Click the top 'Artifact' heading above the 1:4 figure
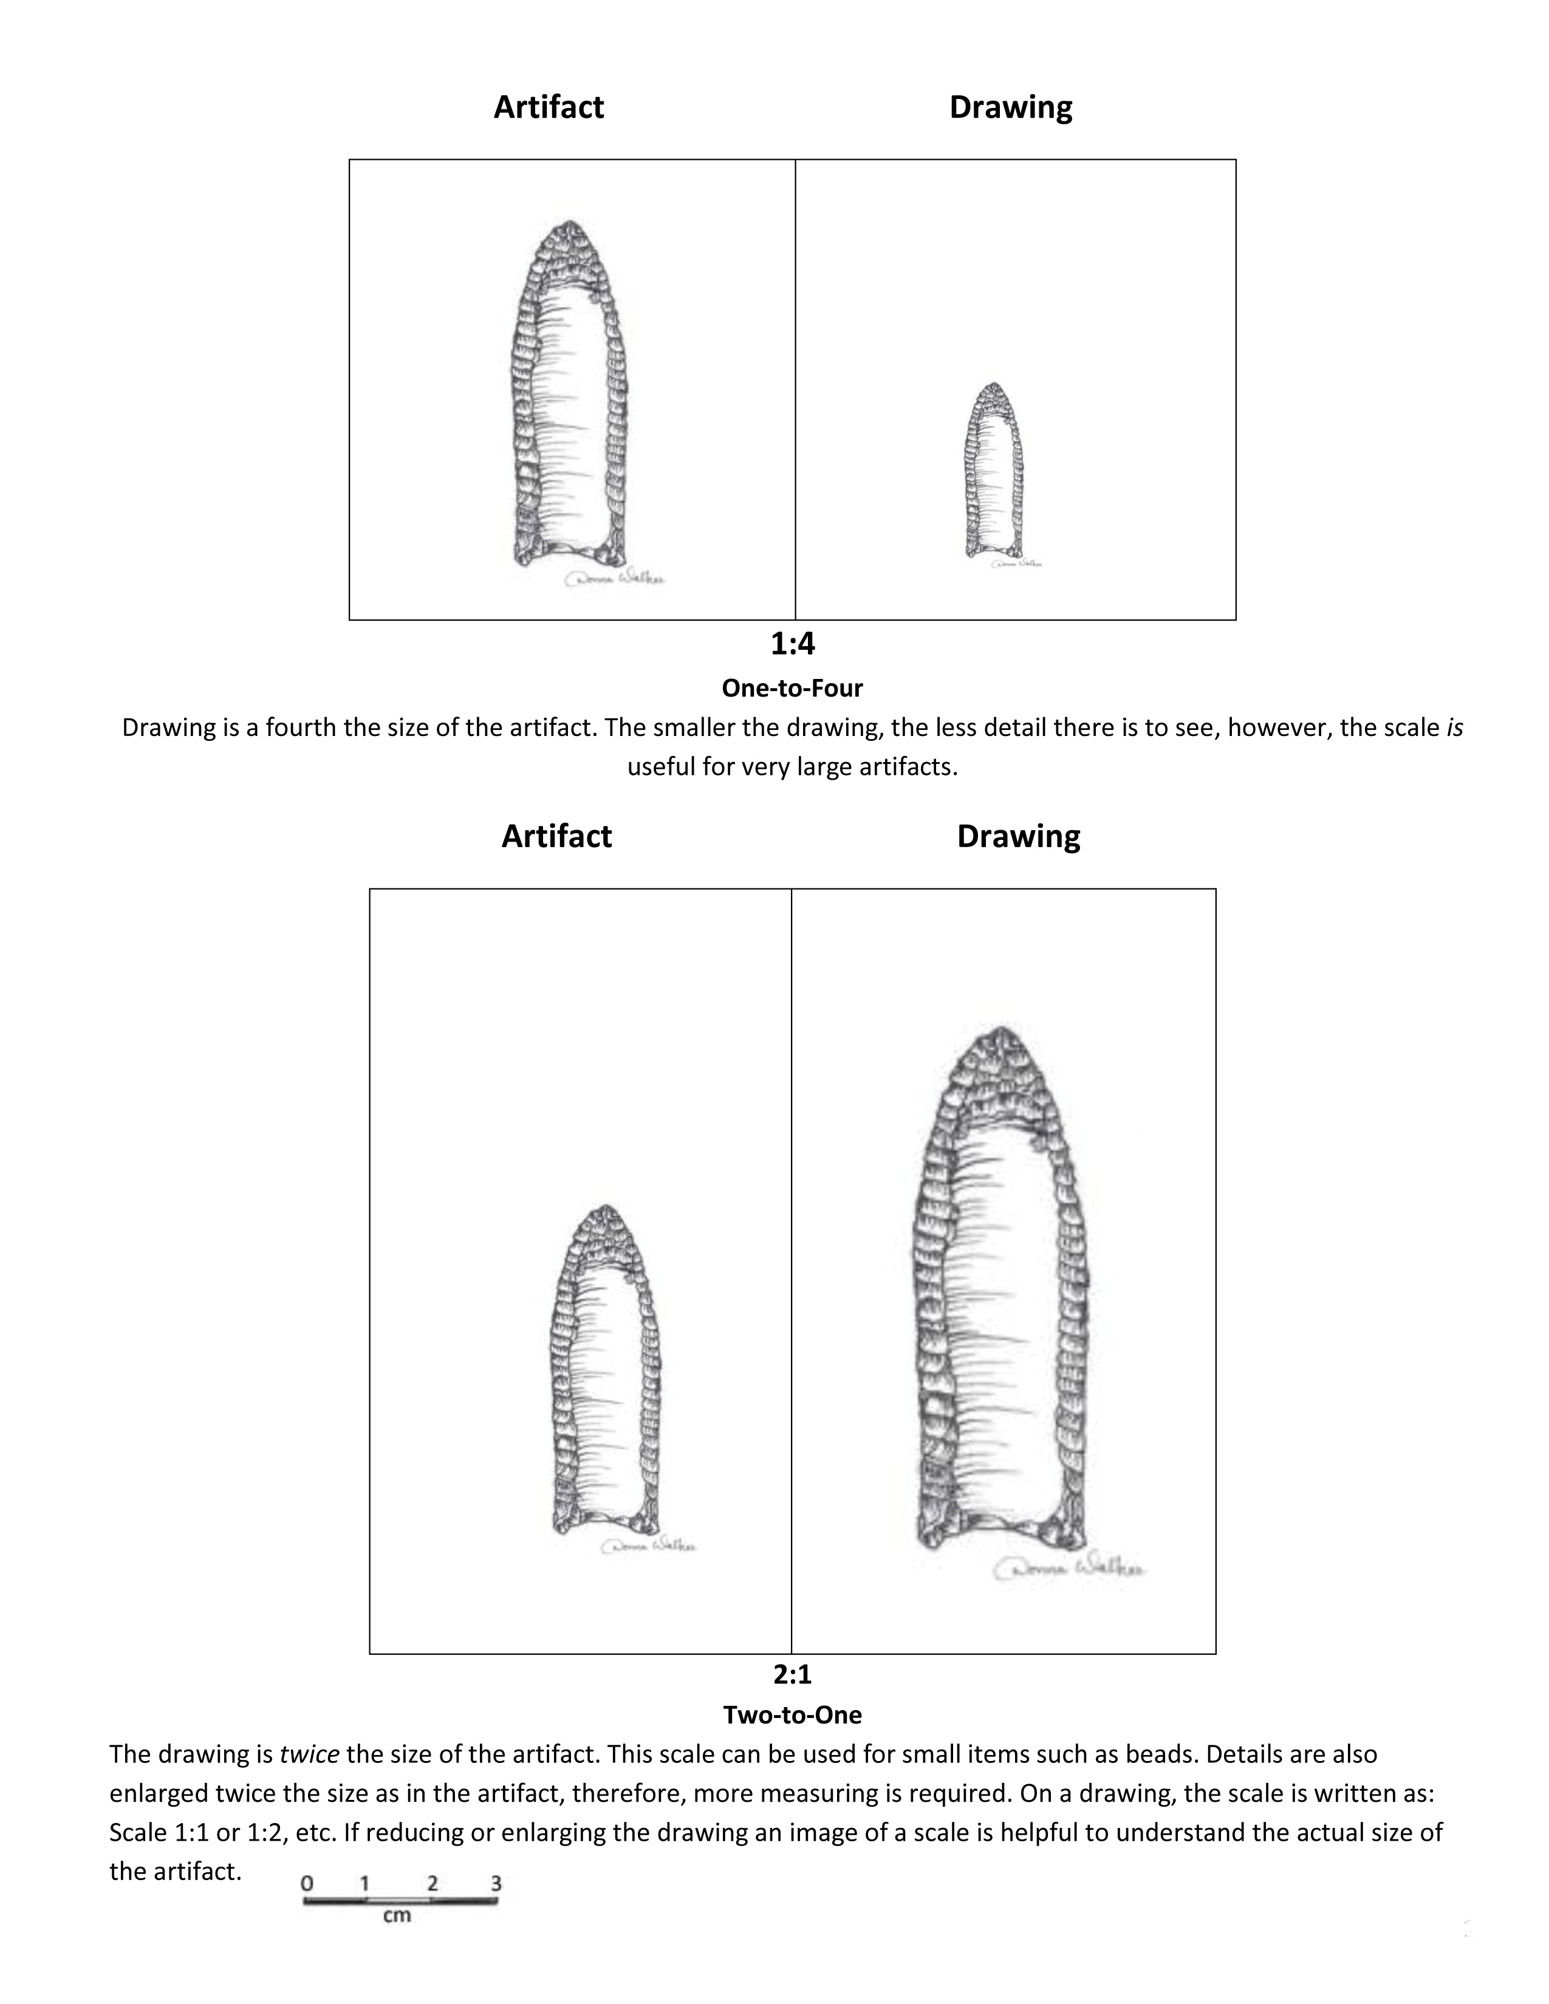549,107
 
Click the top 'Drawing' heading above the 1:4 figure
1010,107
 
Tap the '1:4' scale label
792,644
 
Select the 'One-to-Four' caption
792,687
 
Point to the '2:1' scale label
792,1675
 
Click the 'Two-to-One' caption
792,1714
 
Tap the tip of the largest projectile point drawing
999,1029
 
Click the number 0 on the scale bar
307,1883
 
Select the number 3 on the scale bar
496,1883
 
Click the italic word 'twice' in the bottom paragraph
309,1754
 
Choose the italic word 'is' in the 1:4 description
1454,728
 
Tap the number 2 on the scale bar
433,1883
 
